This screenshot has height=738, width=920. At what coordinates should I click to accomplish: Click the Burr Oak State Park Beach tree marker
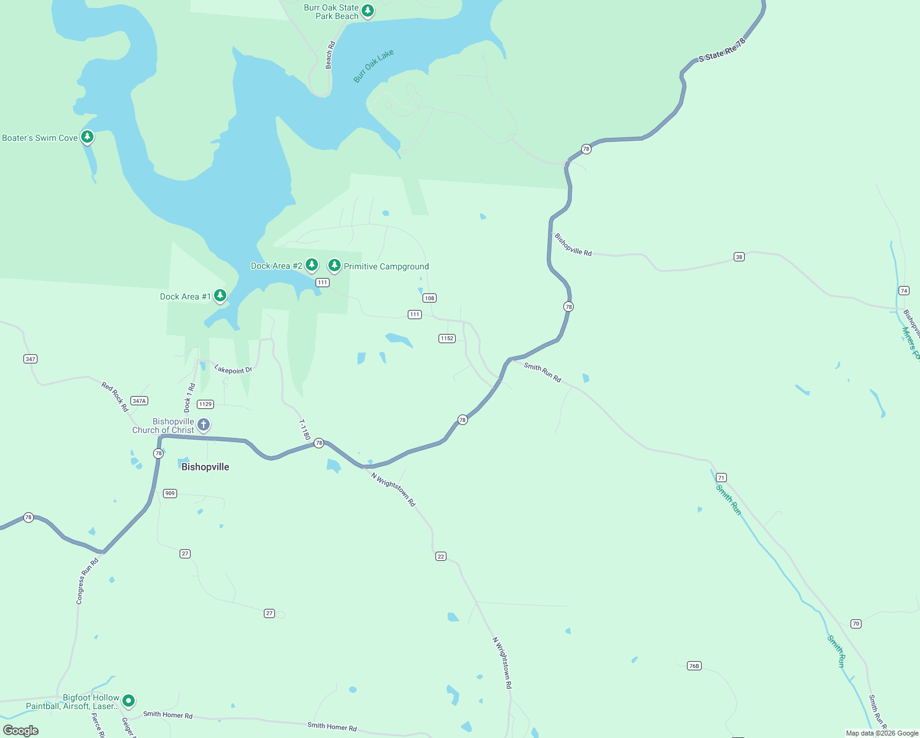point(368,10)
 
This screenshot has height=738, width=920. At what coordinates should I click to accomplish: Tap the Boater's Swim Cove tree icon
point(87,137)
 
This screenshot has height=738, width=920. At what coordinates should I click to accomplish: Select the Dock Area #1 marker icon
point(220,296)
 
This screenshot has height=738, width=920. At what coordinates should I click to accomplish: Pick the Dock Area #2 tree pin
point(312,265)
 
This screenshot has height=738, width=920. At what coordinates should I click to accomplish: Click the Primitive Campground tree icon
point(335,265)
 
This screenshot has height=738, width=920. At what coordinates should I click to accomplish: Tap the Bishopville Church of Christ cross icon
point(204,425)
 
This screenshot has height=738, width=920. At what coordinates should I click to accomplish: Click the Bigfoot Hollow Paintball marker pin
point(129,700)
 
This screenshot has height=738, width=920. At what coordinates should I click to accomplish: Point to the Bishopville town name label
point(205,467)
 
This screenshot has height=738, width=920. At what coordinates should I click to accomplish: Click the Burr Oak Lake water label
point(373,66)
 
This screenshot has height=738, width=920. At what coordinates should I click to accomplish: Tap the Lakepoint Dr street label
point(233,370)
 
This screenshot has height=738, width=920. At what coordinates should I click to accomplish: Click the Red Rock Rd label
point(115,396)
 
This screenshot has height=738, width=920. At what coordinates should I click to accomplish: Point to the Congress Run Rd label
point(87,581)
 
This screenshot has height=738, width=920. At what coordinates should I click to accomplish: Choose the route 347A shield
point(140,401)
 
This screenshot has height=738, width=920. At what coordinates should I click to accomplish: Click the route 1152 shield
point(447,338)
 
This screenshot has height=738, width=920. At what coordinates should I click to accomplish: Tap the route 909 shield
point(170,493)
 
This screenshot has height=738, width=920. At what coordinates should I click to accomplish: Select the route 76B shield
point(694,666)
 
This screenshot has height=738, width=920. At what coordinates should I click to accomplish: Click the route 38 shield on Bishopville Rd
point(739,257)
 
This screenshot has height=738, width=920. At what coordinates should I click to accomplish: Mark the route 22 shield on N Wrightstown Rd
point(440,557)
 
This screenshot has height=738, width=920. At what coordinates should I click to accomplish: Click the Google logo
point(21,731)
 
